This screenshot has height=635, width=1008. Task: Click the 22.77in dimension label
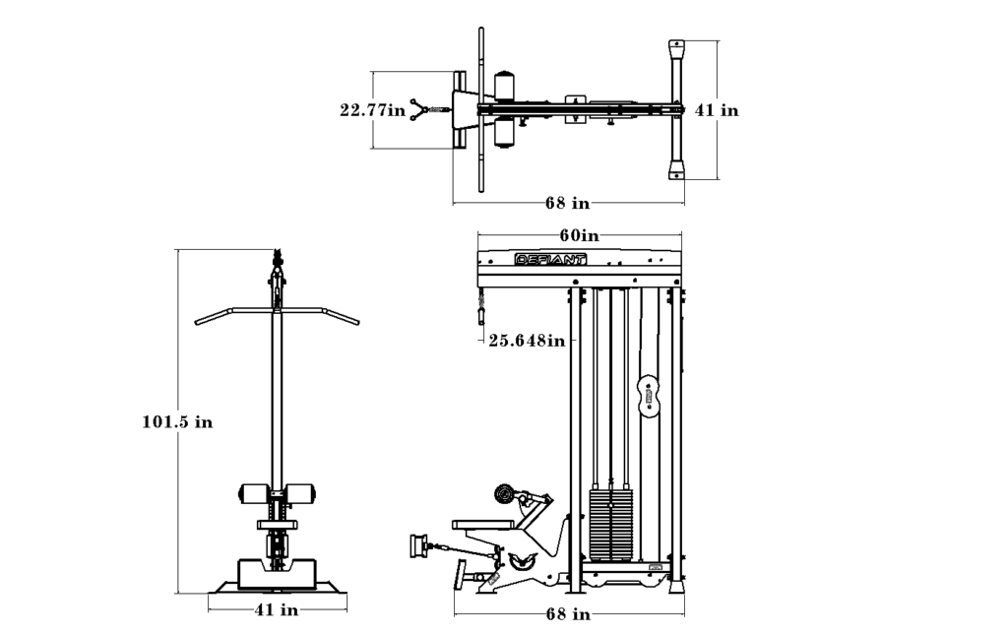373,110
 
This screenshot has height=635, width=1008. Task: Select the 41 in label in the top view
717,110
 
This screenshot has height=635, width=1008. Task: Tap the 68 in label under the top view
567,203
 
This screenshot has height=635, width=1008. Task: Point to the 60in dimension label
579,236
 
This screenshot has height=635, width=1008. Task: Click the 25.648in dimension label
527,340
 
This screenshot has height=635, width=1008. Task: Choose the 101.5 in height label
177,422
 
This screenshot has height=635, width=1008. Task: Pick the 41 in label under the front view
277,609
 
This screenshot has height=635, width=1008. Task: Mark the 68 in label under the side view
568,614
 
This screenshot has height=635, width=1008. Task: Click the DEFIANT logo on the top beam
551,260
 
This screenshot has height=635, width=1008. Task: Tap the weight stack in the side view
610,524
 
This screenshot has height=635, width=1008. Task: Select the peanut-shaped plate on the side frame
650,394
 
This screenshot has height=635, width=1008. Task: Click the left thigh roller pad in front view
254,493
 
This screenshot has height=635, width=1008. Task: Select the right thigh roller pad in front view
301,493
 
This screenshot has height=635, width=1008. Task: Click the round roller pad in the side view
505,494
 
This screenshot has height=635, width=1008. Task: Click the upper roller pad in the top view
505,84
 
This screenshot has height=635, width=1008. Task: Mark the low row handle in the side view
418,545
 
